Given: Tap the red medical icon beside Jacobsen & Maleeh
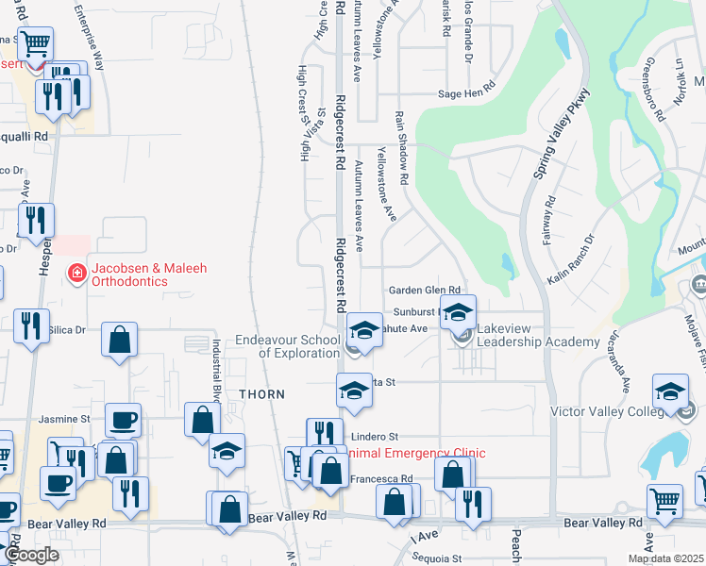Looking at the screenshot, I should click(x=76, y=274).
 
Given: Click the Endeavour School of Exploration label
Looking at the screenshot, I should click(x=300, y=346).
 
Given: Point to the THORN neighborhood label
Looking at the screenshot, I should click(x=261, y=394).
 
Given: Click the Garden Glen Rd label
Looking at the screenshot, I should click(x=424, y=291).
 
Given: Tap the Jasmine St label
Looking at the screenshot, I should click(x=64, y=418).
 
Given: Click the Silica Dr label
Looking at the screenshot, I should click(x=67, y=330).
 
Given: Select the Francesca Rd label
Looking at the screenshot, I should click(x=381, y=479).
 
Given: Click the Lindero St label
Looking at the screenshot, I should click(x=376, y=437).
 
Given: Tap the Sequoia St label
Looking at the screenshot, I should click(x=436, y=558).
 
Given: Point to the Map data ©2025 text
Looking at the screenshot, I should click(x=664, y=558).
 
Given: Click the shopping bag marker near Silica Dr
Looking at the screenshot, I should click(x=120, y=341).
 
